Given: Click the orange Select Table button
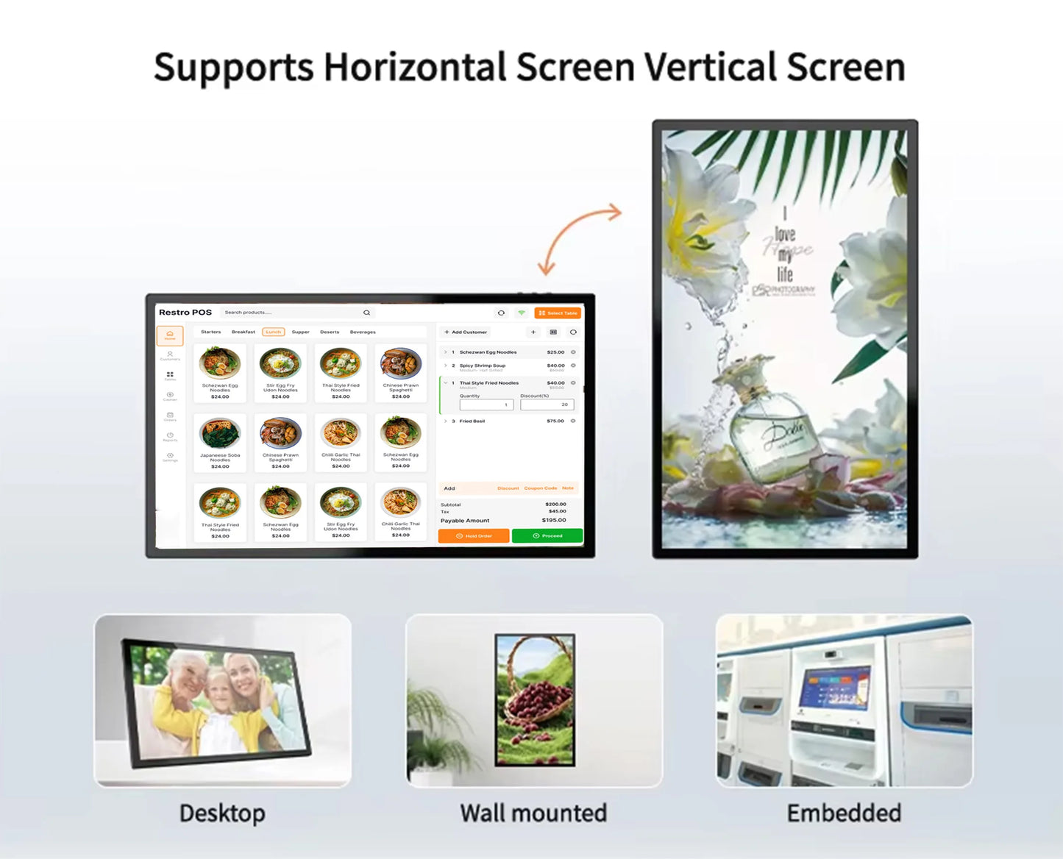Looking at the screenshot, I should click(x=558, y=313).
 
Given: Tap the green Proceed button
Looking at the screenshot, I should click(x=547, y=536).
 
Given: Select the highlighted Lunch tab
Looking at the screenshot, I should click(x=274, y=332).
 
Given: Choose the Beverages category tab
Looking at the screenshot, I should click(x=363, y=332).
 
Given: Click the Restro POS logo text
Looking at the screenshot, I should click(x=185, y=313).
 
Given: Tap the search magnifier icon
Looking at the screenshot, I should click(x=366, y=313).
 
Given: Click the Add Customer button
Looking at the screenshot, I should click(x=466, y=332).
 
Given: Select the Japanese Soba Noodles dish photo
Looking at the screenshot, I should click(x=220, y=433).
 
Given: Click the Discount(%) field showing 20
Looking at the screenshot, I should click(x=547, y=404).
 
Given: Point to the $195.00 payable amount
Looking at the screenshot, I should click(x=554, y=520).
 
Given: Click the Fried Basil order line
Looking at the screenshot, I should click(x=472, y=421).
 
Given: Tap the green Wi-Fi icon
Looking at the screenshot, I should click(x=522, y=313).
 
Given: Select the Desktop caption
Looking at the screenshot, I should click(x=222, y=813).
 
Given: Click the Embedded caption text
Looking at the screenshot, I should click(x=844, y=813).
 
